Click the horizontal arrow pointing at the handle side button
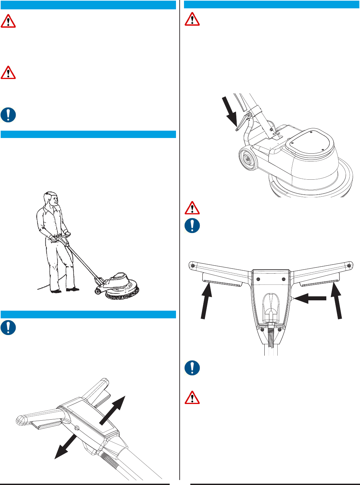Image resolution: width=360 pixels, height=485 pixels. (x=310, y=298)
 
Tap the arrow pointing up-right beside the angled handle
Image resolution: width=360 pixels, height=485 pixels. (x=113, y=410)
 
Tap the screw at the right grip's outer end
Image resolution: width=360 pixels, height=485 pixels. (x=349, y=265)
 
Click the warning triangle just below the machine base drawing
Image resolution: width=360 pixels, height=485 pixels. (x=192, y=208)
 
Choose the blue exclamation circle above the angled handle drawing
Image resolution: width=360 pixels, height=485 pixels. (x=8, y=327)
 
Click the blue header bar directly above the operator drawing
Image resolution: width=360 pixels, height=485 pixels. (x=88, y=134)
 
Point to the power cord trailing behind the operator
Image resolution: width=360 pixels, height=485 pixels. (x=45, y=286)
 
